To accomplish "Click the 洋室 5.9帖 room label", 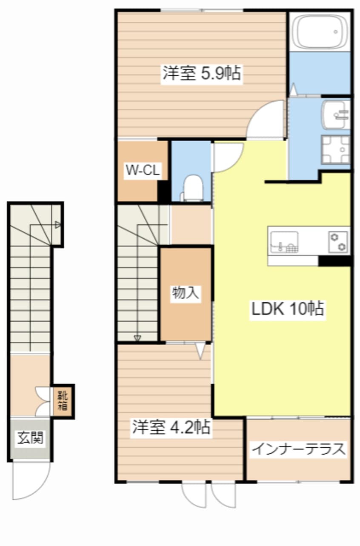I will click(201, 74).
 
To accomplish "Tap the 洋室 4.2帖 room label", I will click(171, 427).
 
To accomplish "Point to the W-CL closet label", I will click(142, 171).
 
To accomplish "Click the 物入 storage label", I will click(186, 293).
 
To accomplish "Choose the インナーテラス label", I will click(298, 449).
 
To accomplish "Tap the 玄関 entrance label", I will click(30, 438).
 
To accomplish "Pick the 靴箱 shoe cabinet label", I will click(63, 400).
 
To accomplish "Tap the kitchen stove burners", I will click(338, 241).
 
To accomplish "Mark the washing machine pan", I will click(336, 149).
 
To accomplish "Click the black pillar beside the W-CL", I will click(163, 192).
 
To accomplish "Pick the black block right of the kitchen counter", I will click(334, 261).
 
